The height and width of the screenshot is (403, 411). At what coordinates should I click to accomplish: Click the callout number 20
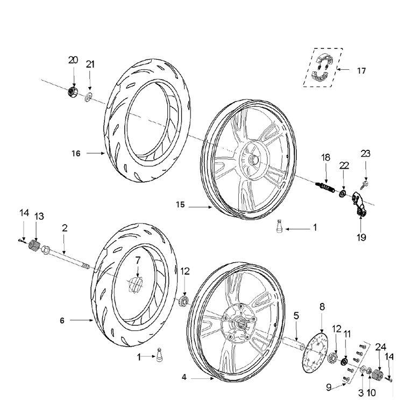[x=73, y=60]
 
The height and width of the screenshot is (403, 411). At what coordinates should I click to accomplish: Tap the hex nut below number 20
[x=73, y=92]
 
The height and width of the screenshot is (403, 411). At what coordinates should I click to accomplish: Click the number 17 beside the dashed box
[x=362, y=70]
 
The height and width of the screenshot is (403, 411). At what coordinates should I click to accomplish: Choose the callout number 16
[x=76, y=153]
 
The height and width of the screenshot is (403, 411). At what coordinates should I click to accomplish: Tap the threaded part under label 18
[x=326, y=188]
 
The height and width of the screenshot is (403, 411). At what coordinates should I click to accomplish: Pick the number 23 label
[x=366, y=154]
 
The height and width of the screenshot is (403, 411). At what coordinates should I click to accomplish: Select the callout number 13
[x=39, y=216]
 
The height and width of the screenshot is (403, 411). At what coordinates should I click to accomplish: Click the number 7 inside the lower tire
[x=138, y=260]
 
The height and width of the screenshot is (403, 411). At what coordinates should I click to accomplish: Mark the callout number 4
[x=184, y=378]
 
